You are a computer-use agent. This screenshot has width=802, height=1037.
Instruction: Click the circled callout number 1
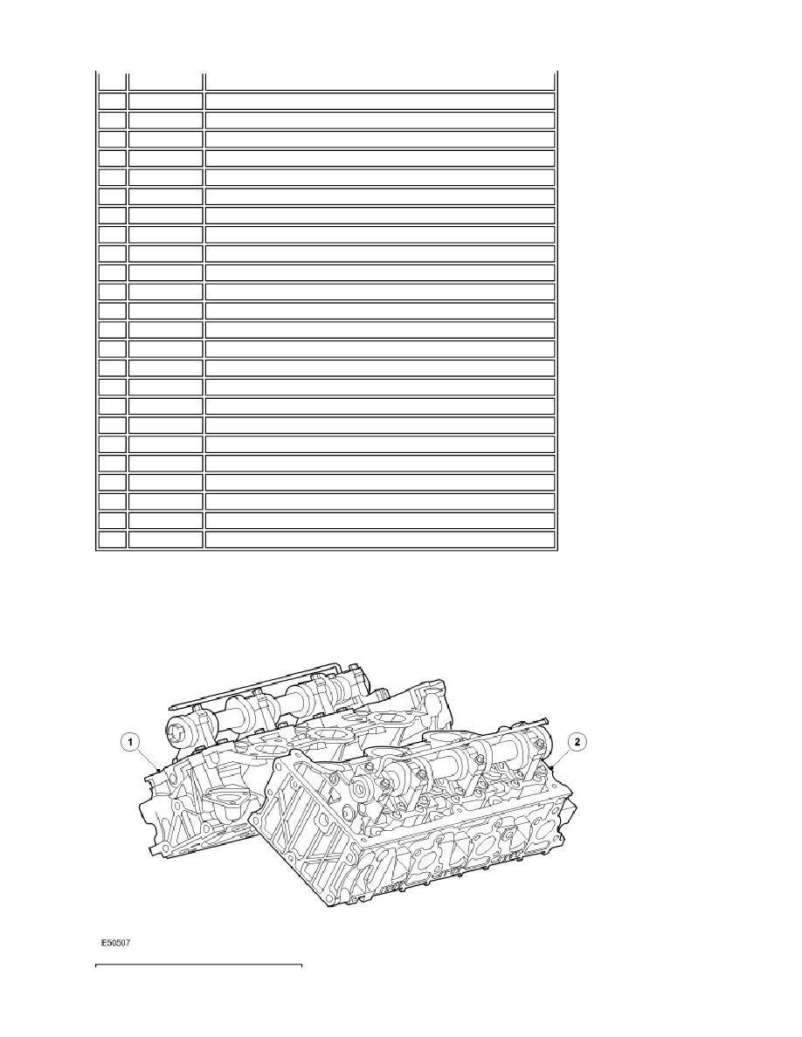click(131, 743)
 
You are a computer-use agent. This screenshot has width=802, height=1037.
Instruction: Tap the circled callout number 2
click(577, 743)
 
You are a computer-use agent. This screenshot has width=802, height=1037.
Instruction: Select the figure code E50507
click(116, 943)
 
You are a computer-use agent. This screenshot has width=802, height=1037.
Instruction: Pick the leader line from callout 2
click(560, 756)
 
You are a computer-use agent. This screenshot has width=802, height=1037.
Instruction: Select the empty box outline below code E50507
click(199, 966)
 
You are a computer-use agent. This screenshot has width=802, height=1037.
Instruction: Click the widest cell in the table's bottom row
click(380, 539)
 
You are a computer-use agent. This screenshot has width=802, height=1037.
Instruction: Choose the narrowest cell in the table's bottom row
click(112, 539)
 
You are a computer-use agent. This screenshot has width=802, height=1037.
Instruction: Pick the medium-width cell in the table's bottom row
click(165, 539)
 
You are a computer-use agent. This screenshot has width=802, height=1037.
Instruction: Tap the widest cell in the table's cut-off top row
click(380, 80)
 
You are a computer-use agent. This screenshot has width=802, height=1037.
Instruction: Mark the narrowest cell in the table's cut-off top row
click(112, 80)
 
